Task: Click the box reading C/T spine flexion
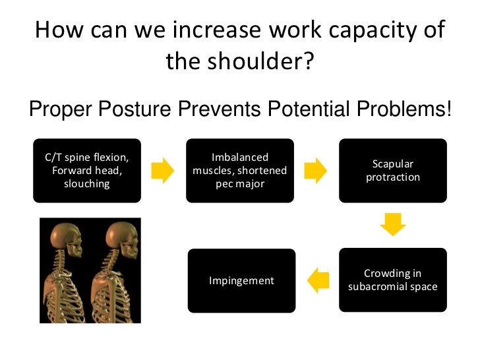(x=86, y=170)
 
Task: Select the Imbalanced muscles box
(x=240, y=170)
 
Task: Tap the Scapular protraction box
(x=393, y=170)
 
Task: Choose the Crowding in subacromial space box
(x=393, y=280)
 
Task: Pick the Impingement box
(x=241, y=280)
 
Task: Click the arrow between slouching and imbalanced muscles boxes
(x=163, y=171)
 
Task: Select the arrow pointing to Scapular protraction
(x=316, y=171)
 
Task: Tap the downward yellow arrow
(x=392, y=224)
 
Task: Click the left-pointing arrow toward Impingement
(x=319, y=280)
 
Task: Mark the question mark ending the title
(x=307, y=62)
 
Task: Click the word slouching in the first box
(x=86, y=183)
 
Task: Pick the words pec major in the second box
(x=240, y=183)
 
